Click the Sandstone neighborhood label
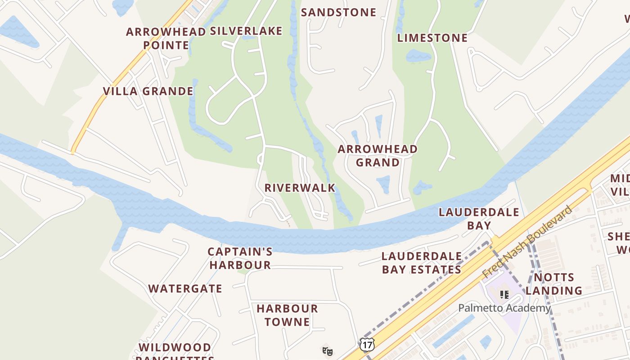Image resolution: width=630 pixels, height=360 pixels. (338, 12)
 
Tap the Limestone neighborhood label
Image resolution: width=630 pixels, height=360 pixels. (432, 38)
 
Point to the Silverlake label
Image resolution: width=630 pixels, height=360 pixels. (246, 31)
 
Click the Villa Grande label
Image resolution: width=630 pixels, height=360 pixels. (148, 91)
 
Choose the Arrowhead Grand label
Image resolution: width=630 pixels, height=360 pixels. (378, 156)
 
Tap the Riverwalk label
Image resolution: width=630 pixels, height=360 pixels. (300, 188)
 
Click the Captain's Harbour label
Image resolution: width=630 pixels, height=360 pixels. (240, 258)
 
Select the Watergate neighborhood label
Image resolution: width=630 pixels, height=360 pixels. (185, 288)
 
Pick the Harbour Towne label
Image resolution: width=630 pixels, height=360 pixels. (287, 315)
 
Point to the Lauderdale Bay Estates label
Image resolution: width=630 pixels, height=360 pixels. (422, 263)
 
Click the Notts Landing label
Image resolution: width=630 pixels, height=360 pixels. (553, 284)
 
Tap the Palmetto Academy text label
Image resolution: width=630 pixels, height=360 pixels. (504, 308)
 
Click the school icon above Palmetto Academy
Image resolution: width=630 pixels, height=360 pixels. (504, 295)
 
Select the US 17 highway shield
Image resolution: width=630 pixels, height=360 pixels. (367, 345)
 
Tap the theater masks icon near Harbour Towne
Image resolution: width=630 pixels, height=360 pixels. (327, 351)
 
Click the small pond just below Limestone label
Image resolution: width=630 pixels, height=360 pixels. (418, 56)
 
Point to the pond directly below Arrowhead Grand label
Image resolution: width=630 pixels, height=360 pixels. (383, 184)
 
